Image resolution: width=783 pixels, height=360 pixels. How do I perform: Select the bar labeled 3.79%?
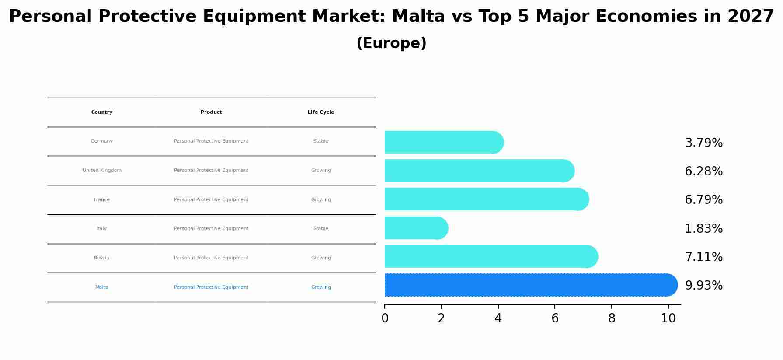pyautogui.click(x=442, y=143)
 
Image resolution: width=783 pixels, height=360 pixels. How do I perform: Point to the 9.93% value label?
pyautogui.click(x=703, y=286)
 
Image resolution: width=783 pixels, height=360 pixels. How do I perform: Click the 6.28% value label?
pyautogui.click(x=703, y=171)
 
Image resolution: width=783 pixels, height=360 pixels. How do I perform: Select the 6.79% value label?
pyautogui.click(x=703, y=200)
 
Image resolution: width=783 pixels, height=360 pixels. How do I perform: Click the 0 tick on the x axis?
pyautogui.click(x=385, y=318)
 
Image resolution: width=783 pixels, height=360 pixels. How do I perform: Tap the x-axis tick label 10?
pyautogui.click(x=668, y=318)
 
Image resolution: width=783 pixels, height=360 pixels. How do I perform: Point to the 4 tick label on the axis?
pyautogui.click(x=498, y=318)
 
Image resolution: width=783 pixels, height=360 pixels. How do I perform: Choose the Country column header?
pyautogui.click(x=102, y=112)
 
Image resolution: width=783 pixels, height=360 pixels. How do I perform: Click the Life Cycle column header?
pyautogui.click(x=321, y=112)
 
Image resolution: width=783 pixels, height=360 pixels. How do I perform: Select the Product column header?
pyautogui.click(x=211, y=112)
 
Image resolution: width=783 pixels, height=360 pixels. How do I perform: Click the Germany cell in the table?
pyautogui.click(x=102, y=141)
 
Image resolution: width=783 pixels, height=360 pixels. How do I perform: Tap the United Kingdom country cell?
pyautogui.click(x=102, y=171)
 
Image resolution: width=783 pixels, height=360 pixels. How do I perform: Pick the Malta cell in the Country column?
pyautogui.click(x=102, y=287)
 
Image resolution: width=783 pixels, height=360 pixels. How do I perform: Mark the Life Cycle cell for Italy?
pyautogui.click(x=321, y=229)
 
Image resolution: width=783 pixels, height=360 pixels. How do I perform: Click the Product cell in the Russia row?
pyautogui.click(x=211, y=258)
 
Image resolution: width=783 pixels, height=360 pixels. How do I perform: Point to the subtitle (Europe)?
pyautogui.click(x=391, y=44)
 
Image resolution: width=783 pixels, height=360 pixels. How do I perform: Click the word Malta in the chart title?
pyautogui.click(x=418, y=17)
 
